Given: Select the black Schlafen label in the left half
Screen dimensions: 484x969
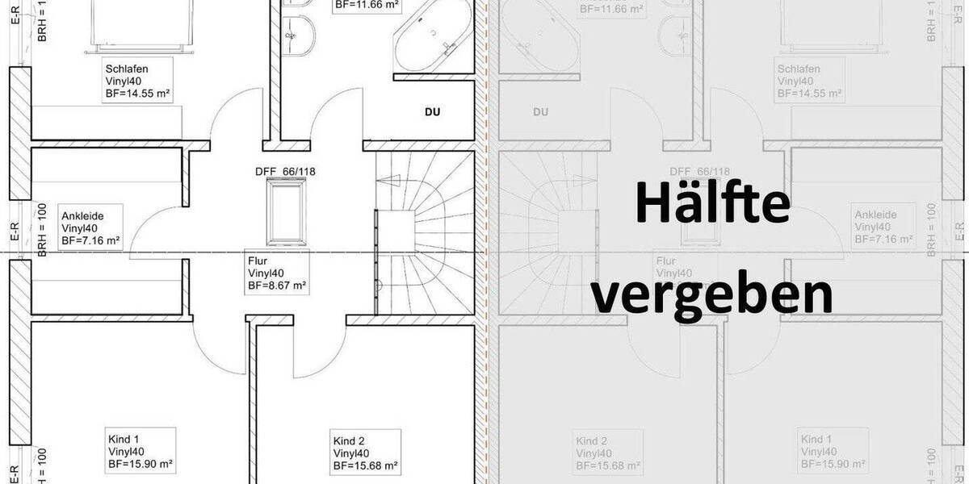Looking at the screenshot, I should [x=126, y=69].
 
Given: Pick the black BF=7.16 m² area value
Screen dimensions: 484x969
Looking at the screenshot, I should [x=90, y=240].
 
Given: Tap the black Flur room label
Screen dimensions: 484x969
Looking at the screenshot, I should [x=258, y=261].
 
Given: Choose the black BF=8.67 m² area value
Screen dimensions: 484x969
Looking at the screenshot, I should [x=276, y=286].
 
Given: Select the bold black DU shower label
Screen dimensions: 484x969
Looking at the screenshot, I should [x=433, y=112].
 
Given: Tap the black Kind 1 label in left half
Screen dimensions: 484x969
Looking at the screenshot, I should [x=123, y=440].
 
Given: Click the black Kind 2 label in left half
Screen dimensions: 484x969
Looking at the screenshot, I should [x=349, y=440].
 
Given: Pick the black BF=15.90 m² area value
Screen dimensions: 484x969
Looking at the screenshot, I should [x=141, y=465].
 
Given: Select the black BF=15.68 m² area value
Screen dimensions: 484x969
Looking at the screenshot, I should [x=365, y=465].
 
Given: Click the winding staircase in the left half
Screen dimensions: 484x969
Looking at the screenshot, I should [x=424, y=234].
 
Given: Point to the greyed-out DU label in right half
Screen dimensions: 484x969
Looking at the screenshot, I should [x=541, y=112].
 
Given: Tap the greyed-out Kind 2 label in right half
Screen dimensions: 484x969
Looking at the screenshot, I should [x=592, y=441].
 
